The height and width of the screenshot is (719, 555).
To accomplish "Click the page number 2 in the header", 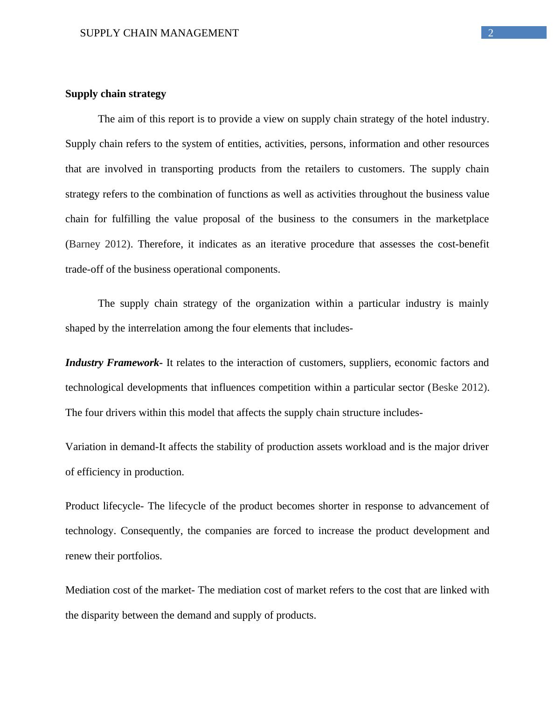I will pos(490,33).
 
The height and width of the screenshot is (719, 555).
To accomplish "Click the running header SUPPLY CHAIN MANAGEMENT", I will pos(159,33).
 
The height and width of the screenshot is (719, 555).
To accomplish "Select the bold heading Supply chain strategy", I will pos(116,94).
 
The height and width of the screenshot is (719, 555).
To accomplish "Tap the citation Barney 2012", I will pos(97,244).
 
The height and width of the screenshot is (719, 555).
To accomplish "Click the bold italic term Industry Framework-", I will pos(114,363).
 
